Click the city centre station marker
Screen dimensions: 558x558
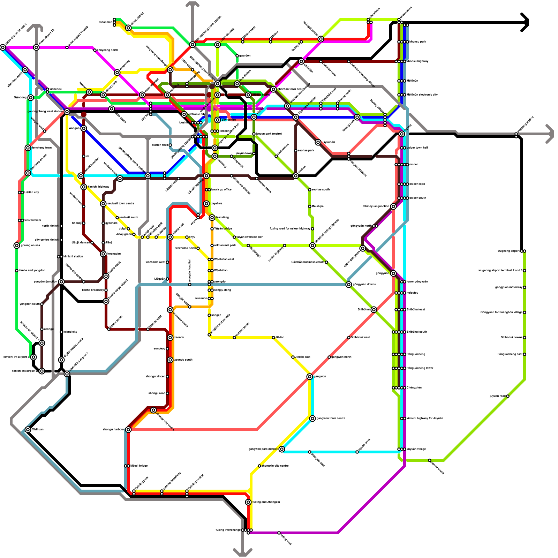218,120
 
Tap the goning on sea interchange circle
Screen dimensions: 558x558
17,246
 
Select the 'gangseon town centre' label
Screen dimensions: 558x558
331,418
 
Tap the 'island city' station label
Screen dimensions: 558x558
70,332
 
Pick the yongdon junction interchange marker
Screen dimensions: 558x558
61,281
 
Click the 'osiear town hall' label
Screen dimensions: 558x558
418,148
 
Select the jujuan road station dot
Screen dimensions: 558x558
508,396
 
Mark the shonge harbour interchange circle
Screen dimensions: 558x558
128,429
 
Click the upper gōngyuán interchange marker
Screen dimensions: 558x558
363,248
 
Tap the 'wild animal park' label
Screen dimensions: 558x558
225,245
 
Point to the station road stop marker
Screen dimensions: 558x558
170,145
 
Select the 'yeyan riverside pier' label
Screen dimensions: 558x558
249,237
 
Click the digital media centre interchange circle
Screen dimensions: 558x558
61,360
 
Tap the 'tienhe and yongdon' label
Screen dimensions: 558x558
32,270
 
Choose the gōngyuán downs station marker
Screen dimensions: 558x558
349,285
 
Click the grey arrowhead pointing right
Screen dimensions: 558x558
550,134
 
